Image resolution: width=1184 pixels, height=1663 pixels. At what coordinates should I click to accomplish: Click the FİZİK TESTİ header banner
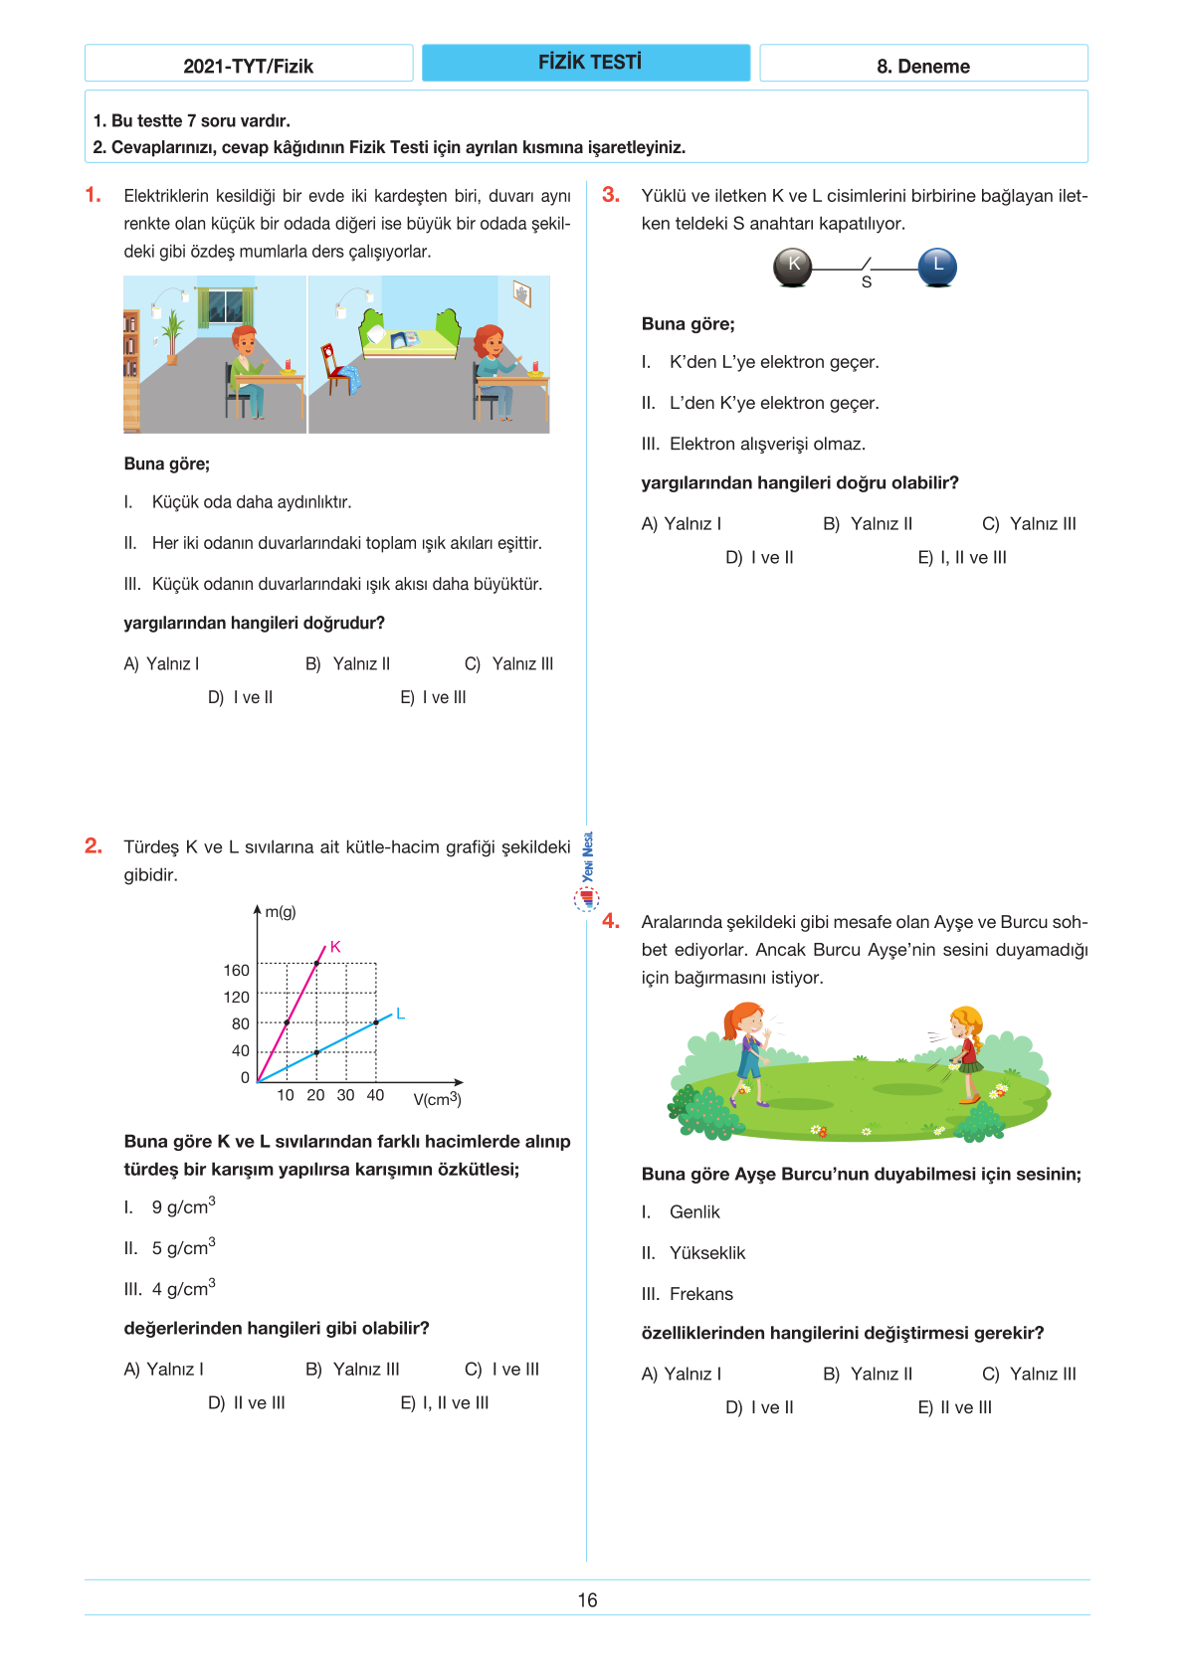tap(586, 63)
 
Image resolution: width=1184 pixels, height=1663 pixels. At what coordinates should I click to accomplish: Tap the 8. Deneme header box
tap(923, 66)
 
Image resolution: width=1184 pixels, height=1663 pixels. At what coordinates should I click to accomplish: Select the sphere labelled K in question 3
tap(793, 267)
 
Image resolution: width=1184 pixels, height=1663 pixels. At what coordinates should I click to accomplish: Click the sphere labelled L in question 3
tap(937, 267)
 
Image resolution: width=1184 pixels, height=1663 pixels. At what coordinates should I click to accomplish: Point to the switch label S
tap(867, 283)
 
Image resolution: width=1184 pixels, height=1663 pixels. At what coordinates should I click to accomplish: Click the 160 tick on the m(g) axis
tap(236, 971)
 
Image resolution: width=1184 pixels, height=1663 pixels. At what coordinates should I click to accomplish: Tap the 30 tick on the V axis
tap(345, 1095)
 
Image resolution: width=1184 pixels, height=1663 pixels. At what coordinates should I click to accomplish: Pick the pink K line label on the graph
tap(335, 947)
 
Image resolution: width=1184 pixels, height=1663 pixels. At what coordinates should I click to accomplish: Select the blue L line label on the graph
tap(400, 1014)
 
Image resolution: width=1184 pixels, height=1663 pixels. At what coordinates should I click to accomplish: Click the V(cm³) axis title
tap(437, 1099)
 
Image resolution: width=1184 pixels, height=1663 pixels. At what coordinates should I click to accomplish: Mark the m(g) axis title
tap(280, 912)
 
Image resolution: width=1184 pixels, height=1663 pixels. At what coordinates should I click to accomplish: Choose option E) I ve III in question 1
tap(433, 698)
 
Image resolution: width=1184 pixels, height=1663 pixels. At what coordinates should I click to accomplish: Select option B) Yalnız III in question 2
tap(353, 1370)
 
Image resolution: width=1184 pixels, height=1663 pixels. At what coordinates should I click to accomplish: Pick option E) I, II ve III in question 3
tap(962, 558)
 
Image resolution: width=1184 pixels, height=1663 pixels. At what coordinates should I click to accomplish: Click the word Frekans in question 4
tap(701, 1294)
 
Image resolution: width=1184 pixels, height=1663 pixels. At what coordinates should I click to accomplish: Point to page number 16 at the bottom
tap(587, 1600)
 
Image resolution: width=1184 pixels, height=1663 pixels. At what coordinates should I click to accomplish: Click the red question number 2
tap(94, 846)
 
